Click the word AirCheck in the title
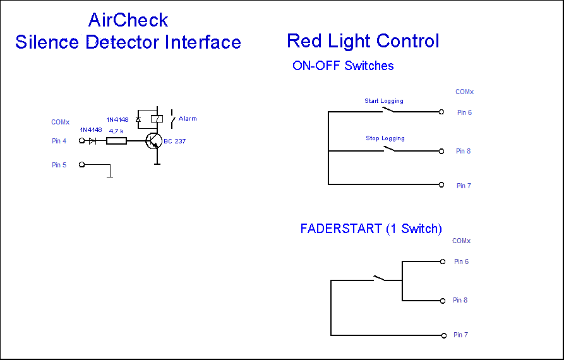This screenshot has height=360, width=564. tap(128, 20)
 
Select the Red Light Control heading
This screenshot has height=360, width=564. tap(363, 41)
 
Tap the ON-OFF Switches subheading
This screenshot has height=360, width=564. tap(343, 66)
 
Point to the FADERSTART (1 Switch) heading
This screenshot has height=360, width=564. tap(371, 229)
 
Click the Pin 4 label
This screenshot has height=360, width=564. tap(59, 141)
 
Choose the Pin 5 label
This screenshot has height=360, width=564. tap(59, 165)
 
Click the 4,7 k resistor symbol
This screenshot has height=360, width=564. tap(116, 141)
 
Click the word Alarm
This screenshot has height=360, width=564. tap(188, 119)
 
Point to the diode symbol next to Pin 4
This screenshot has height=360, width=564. tap(93, 141)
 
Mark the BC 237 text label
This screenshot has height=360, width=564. tap(175, 141)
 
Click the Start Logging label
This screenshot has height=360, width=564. tap(384, 101)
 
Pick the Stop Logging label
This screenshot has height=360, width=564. tap(385, 138)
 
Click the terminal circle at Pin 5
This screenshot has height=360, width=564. tap(81, 165)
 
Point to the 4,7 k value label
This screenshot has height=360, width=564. tap(116, 131)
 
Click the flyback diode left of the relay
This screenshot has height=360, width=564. tap(138, 119)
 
